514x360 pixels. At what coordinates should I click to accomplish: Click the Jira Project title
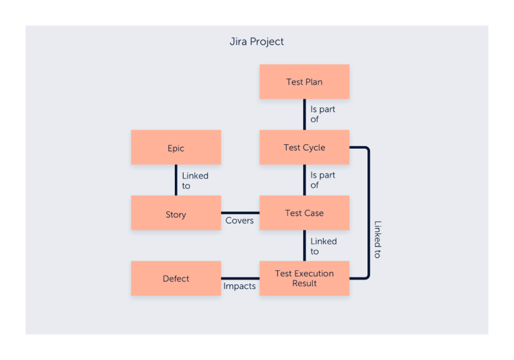[x=257, y=42]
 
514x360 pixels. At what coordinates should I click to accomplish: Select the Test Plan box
[x=304, y=82]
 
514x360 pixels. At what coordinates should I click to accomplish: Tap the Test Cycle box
[x=304, y=147]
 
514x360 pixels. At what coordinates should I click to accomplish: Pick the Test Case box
[x=304, y=213]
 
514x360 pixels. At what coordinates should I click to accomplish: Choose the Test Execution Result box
[x=304, y=278]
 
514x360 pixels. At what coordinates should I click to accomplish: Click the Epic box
[x=176, y=148]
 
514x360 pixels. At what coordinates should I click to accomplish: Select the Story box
[x=176, y=215]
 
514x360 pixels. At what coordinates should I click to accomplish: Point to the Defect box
[x=176, y=279]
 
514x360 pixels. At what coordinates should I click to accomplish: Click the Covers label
[x=239, y=221]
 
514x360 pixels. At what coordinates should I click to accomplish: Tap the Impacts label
[x=239, y=286]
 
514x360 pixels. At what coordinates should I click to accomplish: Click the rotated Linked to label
[x=377, y=239]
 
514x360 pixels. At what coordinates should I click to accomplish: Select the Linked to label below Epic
[x=195, y=181]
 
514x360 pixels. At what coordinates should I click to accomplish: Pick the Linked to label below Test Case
[x=323, y=246]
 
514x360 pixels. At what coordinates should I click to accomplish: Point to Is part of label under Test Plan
[x=322, y=114]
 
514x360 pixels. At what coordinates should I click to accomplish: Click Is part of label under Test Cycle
[x=322, y=180]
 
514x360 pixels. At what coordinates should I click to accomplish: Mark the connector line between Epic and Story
[x=176, y=180]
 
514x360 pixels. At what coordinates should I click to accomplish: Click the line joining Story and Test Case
[x=240, y=213]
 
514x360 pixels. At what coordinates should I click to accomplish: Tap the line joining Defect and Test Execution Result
[x=240, y=278]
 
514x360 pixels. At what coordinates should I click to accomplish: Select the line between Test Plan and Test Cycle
[x=304, y=114]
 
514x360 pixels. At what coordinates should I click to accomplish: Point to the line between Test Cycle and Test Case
[x=304, y=180]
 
